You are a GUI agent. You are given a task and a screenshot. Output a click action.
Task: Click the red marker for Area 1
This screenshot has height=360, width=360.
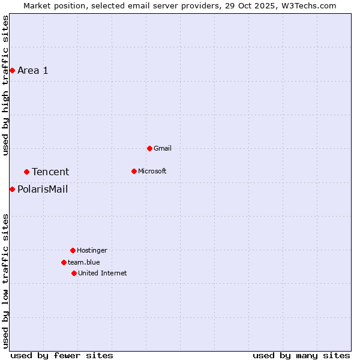click(12, 70)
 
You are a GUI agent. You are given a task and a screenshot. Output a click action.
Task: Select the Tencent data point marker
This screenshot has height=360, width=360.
click(26, 172)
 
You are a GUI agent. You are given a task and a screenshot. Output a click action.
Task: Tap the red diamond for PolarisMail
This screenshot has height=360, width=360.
click(12, 189)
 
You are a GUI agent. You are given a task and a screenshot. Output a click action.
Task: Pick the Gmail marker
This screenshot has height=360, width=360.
click(149, 148)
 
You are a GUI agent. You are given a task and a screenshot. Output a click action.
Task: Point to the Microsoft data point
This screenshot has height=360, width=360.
click(134, 171)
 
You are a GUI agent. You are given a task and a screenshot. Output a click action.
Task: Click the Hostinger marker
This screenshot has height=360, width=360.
click(73, 250)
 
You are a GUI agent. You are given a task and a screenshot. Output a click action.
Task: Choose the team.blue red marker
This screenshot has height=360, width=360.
click(64, 262)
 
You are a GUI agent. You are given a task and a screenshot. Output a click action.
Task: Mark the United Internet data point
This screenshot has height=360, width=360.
click(74, 273)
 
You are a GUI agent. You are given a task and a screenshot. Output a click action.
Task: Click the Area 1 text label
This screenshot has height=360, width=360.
click(33, 70)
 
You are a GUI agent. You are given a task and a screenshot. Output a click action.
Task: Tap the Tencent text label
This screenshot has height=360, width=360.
click(50, 172)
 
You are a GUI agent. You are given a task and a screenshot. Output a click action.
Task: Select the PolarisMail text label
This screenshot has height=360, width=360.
click(43, 190)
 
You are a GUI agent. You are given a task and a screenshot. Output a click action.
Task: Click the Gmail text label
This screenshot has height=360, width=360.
click(163, 148)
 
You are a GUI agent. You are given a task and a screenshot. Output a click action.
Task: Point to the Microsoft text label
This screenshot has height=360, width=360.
click(152, 171)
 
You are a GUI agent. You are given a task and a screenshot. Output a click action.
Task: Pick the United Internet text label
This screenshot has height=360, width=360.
click(103, 273)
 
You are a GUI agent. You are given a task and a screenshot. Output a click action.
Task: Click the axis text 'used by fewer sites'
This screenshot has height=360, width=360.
click(62, 356)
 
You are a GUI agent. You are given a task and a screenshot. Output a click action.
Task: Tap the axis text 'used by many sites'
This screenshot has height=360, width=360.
click(301, 356)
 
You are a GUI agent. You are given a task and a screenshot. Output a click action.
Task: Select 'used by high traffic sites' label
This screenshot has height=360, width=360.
click(6, 85)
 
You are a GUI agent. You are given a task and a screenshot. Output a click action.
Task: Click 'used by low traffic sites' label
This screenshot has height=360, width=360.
click(6, 280)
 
